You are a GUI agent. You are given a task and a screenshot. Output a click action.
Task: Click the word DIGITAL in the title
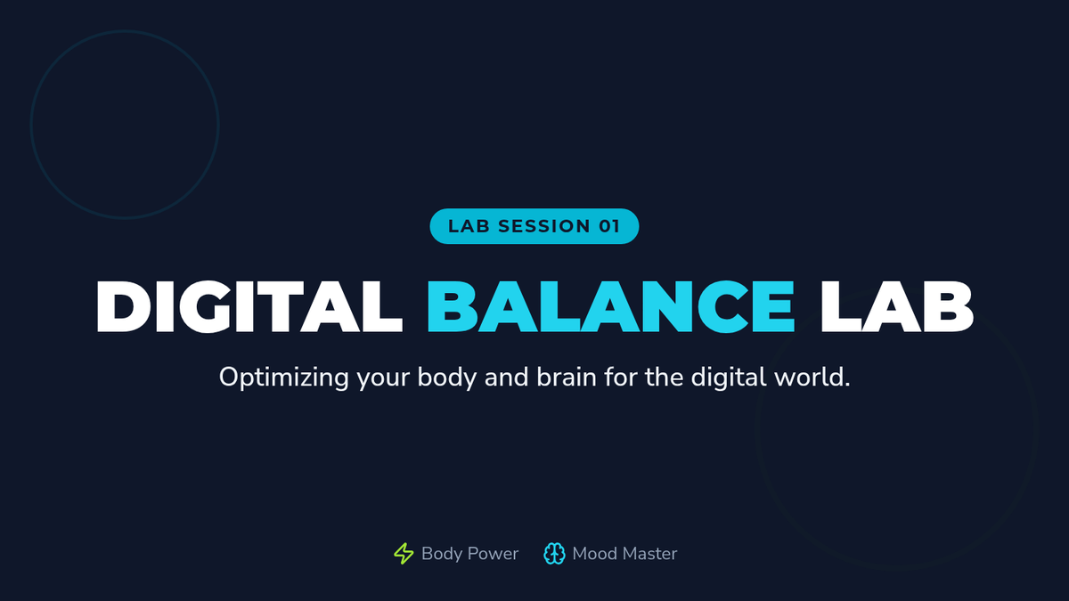(249, 306)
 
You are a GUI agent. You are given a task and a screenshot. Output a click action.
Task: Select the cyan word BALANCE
(611, 306)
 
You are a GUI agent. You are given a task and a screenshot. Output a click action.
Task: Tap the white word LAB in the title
(897, 306)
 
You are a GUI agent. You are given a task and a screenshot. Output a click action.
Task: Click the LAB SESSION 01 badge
(534, 226)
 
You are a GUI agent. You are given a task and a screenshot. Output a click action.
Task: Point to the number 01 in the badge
(609, 226)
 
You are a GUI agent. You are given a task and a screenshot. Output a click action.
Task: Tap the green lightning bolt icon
(404, 553)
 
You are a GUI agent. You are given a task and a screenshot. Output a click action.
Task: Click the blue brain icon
(554, 554)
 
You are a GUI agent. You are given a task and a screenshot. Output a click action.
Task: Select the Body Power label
(469, 554)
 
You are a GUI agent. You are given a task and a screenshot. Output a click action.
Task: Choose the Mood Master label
(624, 554)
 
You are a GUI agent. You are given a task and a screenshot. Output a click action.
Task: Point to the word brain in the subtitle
(567, 377)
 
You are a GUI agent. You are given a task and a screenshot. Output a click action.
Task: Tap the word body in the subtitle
(446, 378)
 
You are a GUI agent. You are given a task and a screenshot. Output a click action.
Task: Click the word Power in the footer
(493, 554)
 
